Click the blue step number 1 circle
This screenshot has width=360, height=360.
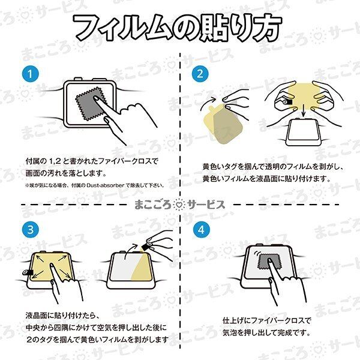[x=31, y=74]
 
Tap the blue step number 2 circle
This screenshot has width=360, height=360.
[x=200, y=74]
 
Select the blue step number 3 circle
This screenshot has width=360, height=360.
[x=31, y=230]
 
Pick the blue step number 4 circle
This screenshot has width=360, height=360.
[x=201, y=230]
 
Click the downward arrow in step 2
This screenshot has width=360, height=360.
[x=304, y=110]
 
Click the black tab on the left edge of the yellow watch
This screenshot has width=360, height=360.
[x=28, y=272]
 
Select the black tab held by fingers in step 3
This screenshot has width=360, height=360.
[x=146, y=247]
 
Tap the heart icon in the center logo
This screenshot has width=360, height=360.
[x=179, y=205]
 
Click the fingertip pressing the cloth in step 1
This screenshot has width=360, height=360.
[x=96, y=98]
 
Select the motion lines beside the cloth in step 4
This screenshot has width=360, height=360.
[x=256, y=254]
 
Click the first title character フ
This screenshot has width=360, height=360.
[x=87, y=28]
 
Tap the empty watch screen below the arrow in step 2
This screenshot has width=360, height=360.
[x=304, y=130]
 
